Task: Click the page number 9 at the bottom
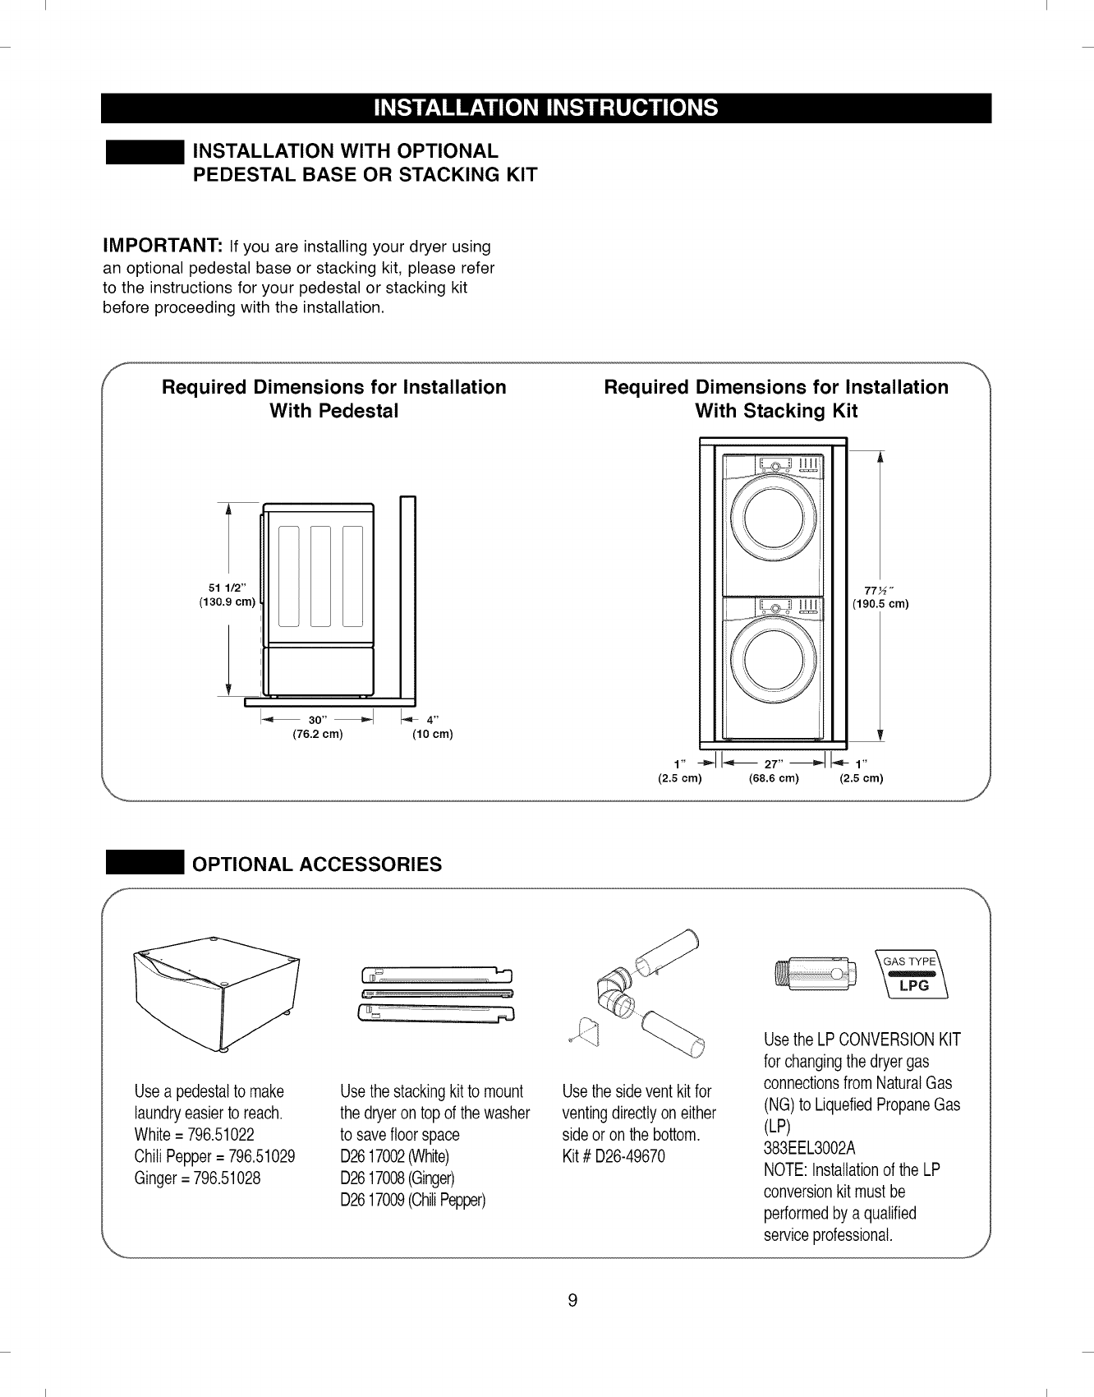572,1300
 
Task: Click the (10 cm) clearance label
432,734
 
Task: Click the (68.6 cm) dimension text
774,778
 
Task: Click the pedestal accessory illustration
217,993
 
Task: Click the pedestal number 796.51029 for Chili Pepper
260,1156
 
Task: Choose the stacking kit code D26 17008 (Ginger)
397,1178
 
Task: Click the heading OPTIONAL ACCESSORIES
316,864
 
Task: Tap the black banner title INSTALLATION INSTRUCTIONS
546,108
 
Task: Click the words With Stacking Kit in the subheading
775,411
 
